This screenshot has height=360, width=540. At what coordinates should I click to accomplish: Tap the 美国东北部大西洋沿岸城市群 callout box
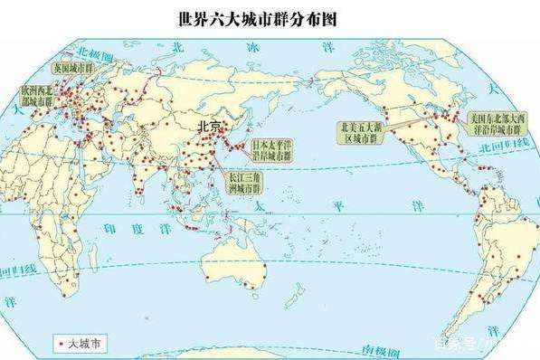(494, 124)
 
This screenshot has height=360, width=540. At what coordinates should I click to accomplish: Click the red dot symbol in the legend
(61, 343)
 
